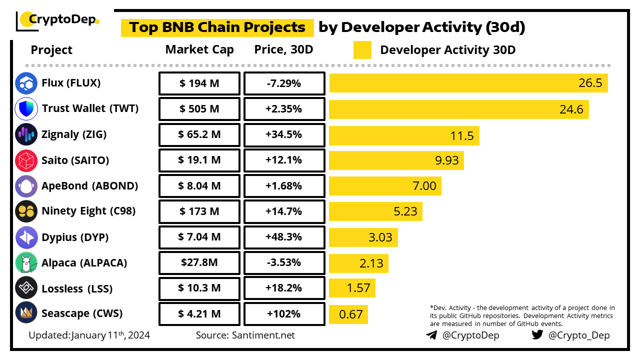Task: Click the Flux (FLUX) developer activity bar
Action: pos(468,83)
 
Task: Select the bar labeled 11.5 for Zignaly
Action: pos(404,135)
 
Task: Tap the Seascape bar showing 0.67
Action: pos(348,314)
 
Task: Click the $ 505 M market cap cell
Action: pos(199,109)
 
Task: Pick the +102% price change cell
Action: pos(284,314)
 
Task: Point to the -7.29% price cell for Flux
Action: pos(284,83)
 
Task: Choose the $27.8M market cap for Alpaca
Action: pos(199,262)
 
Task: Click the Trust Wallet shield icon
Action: pos(26,108)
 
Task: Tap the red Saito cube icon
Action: pos(26,160)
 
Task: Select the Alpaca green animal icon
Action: pos(26,262)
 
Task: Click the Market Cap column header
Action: pos(199,50)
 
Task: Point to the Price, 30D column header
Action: pos(283,50)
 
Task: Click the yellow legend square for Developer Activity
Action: pos(362,50)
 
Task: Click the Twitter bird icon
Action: pos(537,335)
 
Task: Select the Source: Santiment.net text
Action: pos(245,335)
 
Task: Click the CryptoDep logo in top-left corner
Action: pos(58,20)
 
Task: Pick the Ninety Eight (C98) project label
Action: pos(88,211)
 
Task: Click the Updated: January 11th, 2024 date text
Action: pos(89,335)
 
